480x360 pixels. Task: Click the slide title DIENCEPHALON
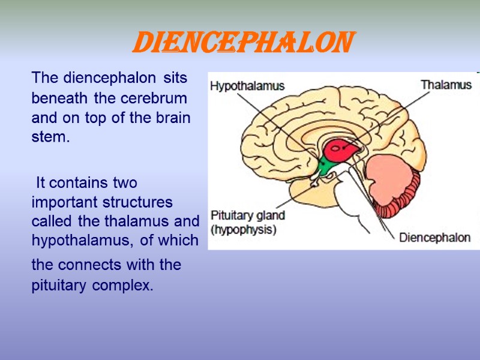point(242,43)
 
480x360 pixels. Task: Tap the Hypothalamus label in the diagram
point(247,86)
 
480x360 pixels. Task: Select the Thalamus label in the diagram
point(446,85)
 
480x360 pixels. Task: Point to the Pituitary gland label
point(247,215)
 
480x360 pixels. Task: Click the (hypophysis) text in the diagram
point(243,229)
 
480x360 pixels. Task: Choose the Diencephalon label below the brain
point(435,237)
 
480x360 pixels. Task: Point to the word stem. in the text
point(51,137)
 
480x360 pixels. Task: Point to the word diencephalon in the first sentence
point(112,77)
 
